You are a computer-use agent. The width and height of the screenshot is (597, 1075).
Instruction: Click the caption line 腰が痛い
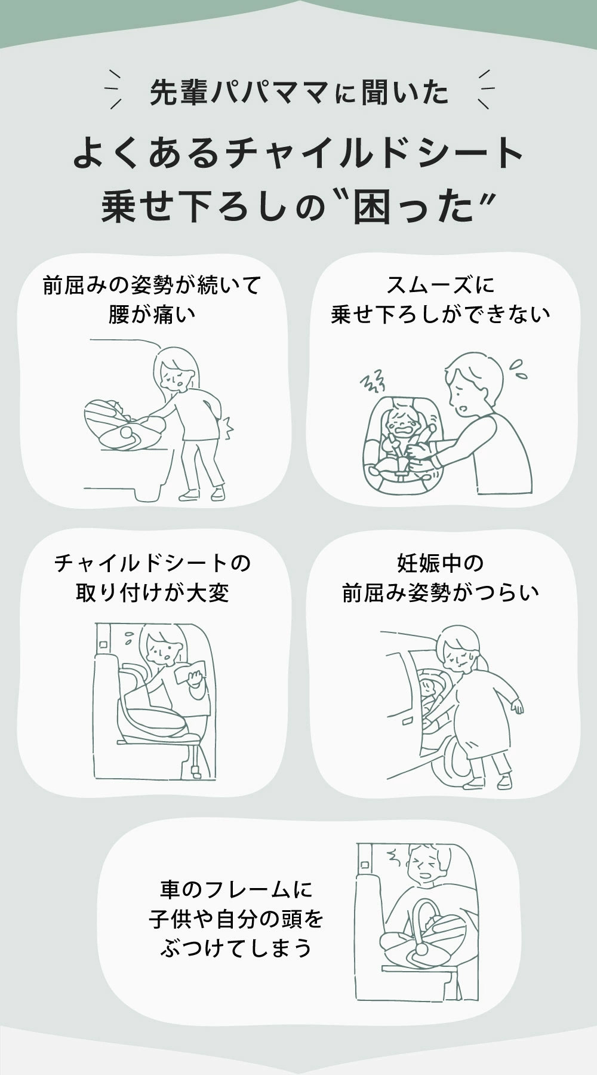pyautogui.click(x=152, y=314)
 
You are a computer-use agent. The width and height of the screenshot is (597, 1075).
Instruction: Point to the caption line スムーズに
pyautogui.click(x=441, y=285)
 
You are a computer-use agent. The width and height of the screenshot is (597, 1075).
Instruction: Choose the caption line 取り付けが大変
pyautogui.click(x=152, y=592)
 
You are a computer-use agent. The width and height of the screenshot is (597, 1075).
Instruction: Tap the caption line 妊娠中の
pyautogui.click(x=441, y=563)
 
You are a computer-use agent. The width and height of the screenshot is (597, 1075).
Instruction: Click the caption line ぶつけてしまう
pyautogui.click(x=236, y=947)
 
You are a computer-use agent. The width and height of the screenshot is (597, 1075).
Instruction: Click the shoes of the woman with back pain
pyautogui.click(x=203, y=493)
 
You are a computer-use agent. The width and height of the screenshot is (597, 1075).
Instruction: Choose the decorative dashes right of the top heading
pyautogui.click(x=483, y=90)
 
